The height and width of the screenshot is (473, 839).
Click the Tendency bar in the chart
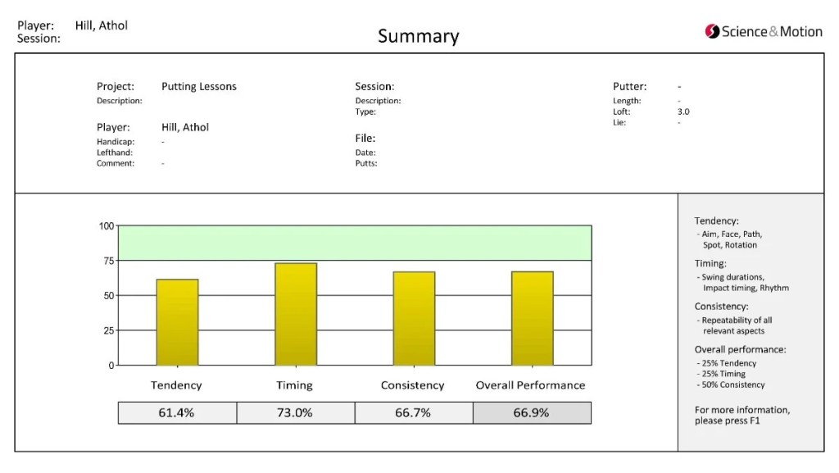pos(177,322)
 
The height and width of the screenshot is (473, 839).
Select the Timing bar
pos(296,314)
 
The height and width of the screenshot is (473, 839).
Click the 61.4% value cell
pos(177,413)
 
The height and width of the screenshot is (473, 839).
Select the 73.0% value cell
pos(295,413)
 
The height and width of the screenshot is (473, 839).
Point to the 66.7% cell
pos(413,413)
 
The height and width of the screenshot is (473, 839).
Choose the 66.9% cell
pos(532,413)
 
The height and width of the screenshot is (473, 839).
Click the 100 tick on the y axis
pos(107,226)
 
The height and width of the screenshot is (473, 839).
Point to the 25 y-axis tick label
pos(109,330)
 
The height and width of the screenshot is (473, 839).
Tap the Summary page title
pos(418,36)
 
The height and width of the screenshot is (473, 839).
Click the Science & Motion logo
pos(763,32)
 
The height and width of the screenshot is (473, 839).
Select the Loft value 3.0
pos(683,111)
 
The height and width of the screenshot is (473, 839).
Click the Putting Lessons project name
pos(199,86)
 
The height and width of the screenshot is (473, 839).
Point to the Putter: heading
pos(629,86)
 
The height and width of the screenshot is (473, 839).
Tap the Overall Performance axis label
pos(531,385)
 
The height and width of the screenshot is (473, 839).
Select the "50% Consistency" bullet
pos(732,384)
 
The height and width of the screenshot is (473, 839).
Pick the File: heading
pos(365,139)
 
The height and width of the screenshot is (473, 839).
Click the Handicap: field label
pos(116,142)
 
